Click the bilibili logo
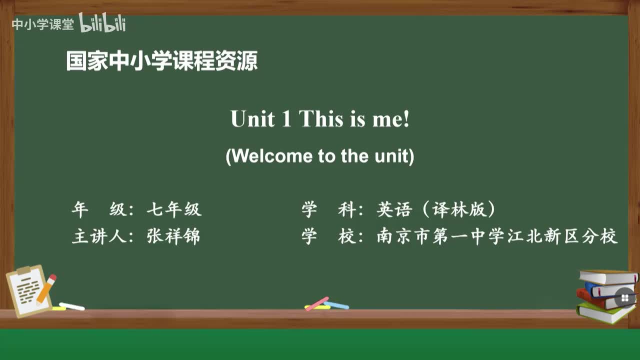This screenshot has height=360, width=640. point(102,23)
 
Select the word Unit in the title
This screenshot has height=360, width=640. point(252,119)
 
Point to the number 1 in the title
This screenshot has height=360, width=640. point(286,119)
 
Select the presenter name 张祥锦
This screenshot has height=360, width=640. point(173,236)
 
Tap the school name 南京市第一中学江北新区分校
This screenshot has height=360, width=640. point(497,236)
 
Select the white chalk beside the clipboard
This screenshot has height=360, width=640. point(71,306)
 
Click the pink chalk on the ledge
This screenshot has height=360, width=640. point(316,303)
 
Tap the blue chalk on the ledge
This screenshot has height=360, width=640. point(337,305)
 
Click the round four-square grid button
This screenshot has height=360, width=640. point(625,298)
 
